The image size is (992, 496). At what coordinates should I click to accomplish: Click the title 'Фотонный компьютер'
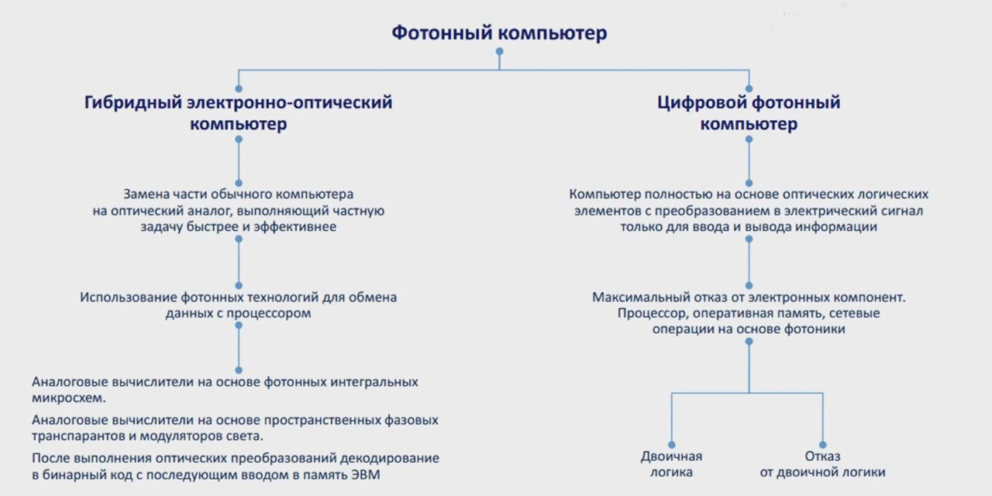click(499, 33)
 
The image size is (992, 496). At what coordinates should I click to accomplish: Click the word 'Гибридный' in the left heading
click(133, 103)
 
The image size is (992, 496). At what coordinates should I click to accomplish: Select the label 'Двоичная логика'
click(671, 464)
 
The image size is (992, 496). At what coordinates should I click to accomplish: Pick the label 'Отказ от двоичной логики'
click(822, 464)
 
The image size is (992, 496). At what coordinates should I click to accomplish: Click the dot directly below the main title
click(500, 51)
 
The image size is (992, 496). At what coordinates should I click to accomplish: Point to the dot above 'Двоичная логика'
click(672, 445)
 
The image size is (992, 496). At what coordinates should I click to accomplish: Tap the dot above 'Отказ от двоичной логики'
click(823, 445)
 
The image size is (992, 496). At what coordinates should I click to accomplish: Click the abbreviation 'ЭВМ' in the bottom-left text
click(365, 475)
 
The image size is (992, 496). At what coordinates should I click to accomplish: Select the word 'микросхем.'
click(69, 398)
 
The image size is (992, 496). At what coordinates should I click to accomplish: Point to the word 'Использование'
click(129, 297)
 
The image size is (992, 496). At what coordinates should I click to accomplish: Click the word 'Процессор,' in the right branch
click(653, 314)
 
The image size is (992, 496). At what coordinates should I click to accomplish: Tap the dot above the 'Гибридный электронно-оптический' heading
click(239, 88)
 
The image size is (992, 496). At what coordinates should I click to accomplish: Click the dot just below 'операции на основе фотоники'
click(749, 342)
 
